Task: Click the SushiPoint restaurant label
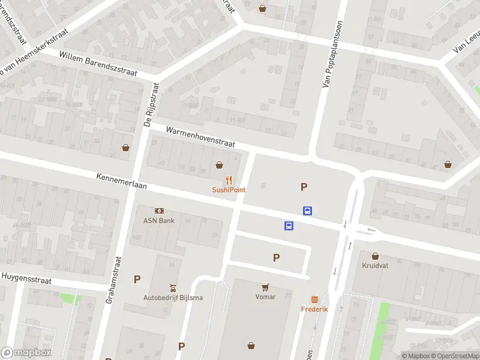pyautogui.click(x=229, y=190)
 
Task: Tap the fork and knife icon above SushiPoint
pyautogui.click(x=229, y=179)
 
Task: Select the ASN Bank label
pyautogui.click(x=158, y=220)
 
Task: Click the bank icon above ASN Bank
pyautogui.click(x=159, y=211)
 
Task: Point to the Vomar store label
pyautogui.click(x=265, y=297)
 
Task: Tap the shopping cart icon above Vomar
pyautogui.click(x=265, y=287)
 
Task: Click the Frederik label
pyautogui.click(x=314, y=309)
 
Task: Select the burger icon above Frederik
pyautogui.click(x=314, y=299)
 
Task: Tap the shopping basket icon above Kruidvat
pyautogui.click(x=376, y=255)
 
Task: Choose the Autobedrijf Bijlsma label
pyautogui.click(x=173, y=298)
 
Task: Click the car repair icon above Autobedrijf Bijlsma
pyautogui.click(x=173, y=287)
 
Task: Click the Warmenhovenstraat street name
pyautogui.click(x=201, y=137)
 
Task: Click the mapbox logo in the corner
pyautogui.click(x=26, y=353)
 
